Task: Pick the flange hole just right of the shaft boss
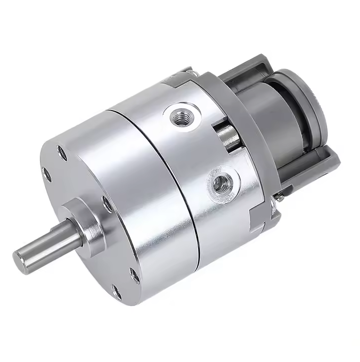[106, 203]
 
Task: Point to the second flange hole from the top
[46, 174]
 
